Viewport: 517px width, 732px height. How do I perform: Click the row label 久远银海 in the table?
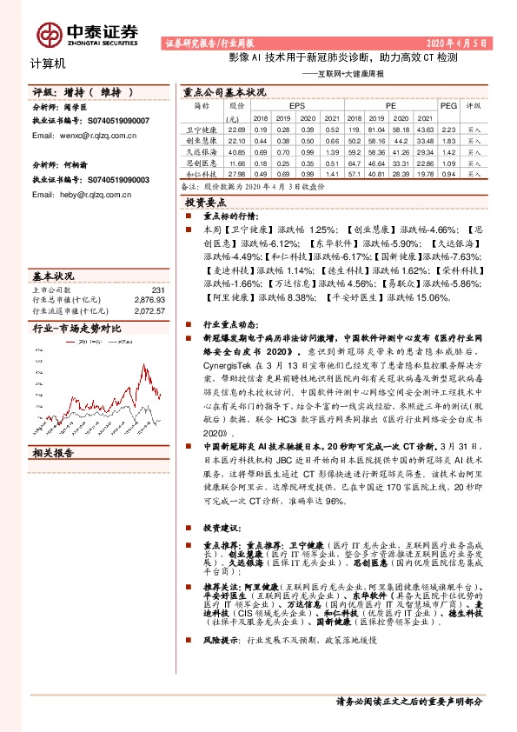pos(202,150)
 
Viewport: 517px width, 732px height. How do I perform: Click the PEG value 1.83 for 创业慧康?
pos(448,139)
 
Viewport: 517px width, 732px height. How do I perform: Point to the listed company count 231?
pos(157,289)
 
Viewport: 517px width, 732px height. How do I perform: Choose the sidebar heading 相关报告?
pos(53,453)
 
